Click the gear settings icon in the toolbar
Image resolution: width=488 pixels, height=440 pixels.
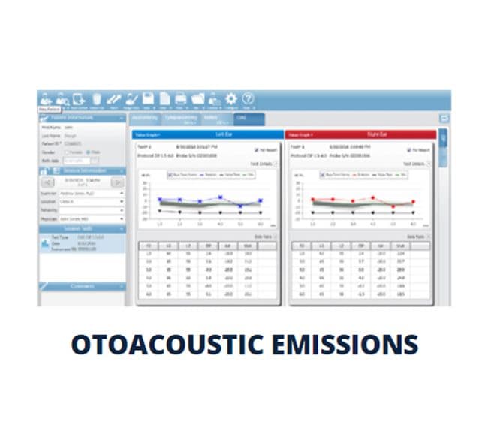point(230,98)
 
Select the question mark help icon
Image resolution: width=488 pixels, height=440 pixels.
point(248,98)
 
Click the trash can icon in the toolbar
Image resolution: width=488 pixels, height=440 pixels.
point(97,98)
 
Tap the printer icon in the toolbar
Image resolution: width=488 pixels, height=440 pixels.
point(181,98)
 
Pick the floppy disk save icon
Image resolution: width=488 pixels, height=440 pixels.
point(148,98)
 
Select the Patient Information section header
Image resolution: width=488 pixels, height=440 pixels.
point(82,118)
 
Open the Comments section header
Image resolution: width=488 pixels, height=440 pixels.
point(82,286)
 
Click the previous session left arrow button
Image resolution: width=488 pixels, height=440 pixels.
point(47,182)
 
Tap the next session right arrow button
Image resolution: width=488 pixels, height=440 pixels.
point(117,182)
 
